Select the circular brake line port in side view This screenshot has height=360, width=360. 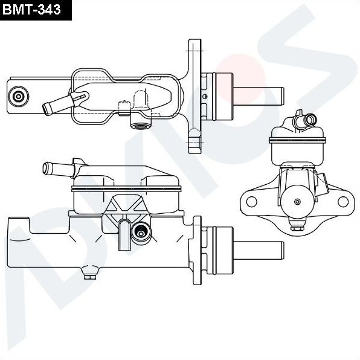[142, 231]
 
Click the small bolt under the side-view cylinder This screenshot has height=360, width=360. [91, 277]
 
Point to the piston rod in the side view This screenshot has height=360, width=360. [260, 249]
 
